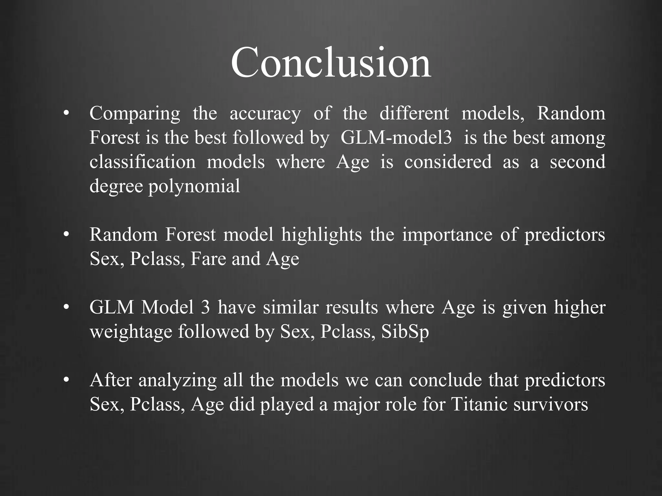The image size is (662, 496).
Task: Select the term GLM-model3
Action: click(396, 138)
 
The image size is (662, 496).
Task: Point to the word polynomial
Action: click(194, 187)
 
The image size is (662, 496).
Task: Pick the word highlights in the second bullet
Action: click(321, 234)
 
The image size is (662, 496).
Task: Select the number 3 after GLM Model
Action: click(205, 307)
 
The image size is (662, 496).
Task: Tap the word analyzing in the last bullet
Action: click(177, 380)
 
